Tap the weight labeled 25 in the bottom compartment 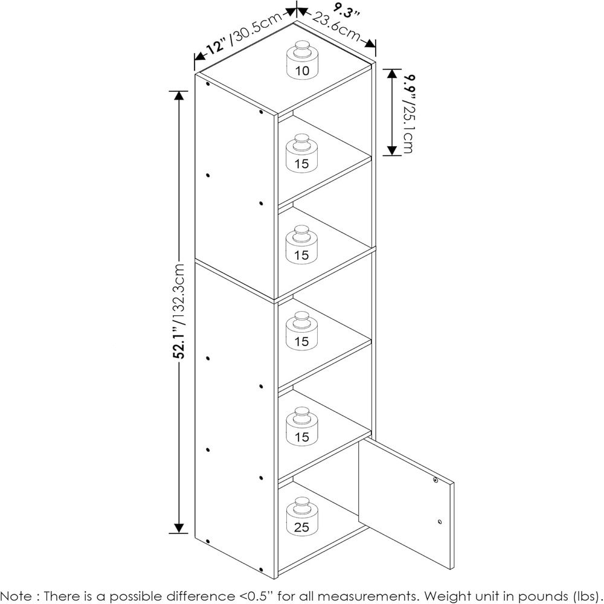tap(303, 516)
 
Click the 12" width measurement tap(216, 47)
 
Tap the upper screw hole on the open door tap(435, 480)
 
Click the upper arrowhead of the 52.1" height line tap(179, 96)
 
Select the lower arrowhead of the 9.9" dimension tap(392, 150)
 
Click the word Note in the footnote tap(16, 596)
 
